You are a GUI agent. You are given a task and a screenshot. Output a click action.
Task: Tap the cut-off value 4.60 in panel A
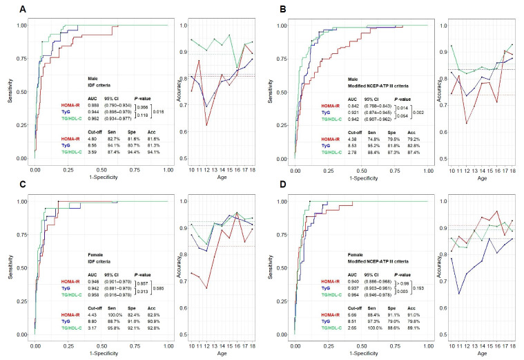93,139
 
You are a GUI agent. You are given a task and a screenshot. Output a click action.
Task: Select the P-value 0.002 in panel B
420,112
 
